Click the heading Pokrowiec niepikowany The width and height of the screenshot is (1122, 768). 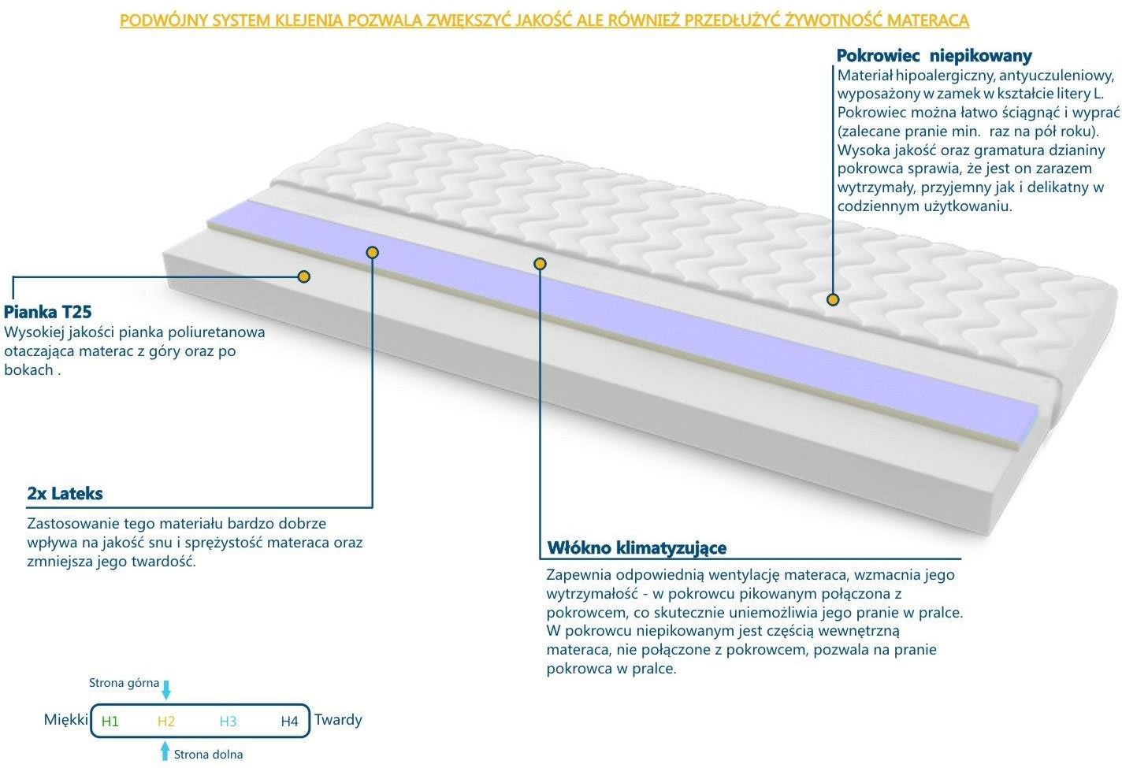point(934,56)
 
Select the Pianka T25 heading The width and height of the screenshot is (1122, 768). point(47,312)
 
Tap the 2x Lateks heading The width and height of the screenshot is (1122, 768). point(65,494)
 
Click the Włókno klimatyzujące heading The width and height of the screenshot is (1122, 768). point(637,547)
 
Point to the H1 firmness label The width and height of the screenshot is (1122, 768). point(110,722)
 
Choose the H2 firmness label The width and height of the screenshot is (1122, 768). point(165,722)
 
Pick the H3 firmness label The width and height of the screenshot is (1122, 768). point(228,722)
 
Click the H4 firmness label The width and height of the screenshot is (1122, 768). point(289,722)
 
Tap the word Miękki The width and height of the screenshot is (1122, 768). point(66,720)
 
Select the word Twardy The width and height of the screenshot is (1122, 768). point(338,720)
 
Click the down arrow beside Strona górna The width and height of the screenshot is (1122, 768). point(166,690)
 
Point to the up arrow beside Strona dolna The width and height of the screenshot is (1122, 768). point(165,751)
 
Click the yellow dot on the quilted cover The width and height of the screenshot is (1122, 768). point(833,299)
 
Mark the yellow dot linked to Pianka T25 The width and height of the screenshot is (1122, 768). point(303,276)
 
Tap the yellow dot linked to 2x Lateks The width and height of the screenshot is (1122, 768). point(372,252)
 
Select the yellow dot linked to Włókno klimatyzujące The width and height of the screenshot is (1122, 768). point(540,263)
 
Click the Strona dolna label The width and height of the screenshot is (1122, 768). point(208,755)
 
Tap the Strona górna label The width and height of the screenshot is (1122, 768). point(124,684)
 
